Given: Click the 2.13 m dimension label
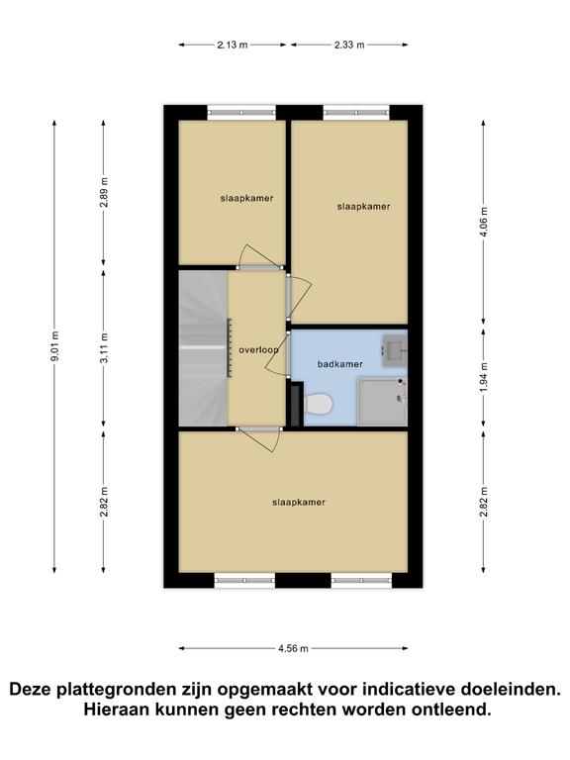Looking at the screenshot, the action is [233, 46].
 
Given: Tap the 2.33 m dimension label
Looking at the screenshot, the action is [349, 46].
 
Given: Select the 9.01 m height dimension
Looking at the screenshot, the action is [55, 346].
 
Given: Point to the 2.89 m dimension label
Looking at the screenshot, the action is [104, 192].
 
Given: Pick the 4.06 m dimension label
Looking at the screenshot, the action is [484, 222].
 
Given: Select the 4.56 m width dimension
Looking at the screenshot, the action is [293, 648].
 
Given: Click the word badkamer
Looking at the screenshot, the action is [339, 364].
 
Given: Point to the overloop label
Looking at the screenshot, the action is [259, 350].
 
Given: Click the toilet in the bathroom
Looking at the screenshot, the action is [318, 404].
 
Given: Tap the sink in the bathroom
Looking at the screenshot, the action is [395, 350].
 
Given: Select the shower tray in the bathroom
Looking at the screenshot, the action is [382, 402].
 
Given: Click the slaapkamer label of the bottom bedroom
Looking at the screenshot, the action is [299, 503].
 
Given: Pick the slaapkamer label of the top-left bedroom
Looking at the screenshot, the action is [246, 198].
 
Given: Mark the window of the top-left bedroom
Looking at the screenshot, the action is [241, 113].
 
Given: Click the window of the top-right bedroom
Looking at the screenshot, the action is [356, 113].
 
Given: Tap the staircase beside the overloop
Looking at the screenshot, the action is [203, 348].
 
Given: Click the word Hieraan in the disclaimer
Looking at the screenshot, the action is [114, 711].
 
